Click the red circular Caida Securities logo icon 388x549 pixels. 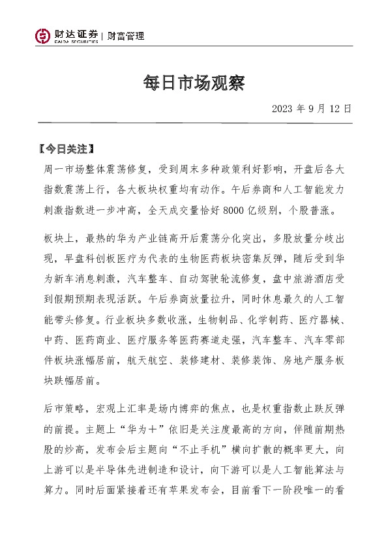click(43, 37)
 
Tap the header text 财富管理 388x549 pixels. click(126, 37)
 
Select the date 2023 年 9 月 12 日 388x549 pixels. click(312, 109)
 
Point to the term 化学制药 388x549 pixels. click(261, 321)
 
